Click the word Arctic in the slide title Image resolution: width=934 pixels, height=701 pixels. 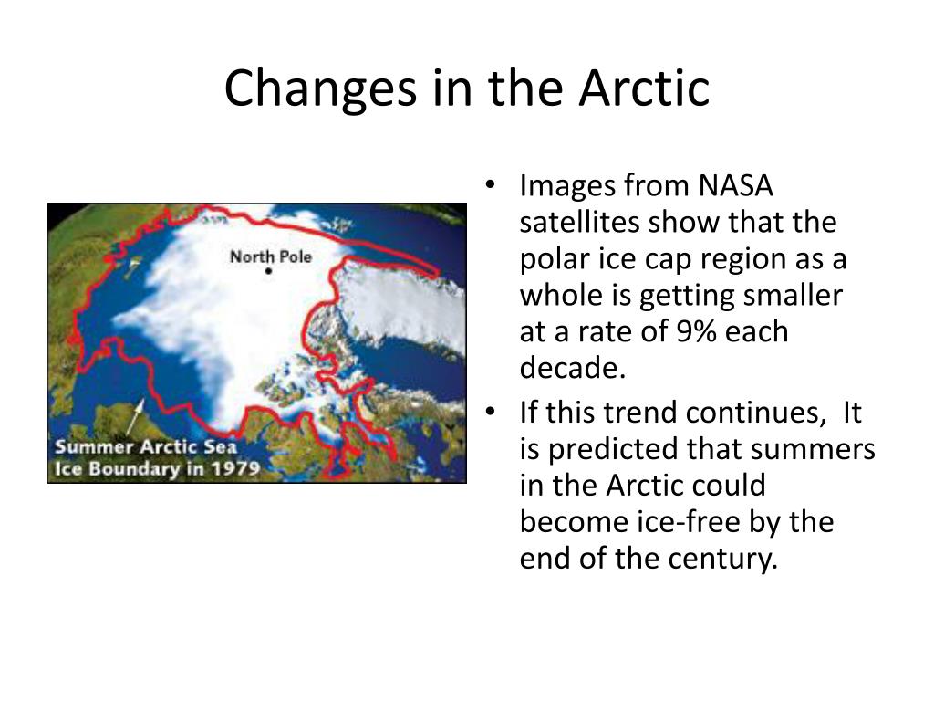644,88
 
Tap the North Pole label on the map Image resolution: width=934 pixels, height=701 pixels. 271,256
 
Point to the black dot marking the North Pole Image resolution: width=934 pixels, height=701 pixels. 269,271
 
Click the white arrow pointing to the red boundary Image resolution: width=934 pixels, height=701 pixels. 135,416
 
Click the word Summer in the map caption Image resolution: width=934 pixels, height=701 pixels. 94,447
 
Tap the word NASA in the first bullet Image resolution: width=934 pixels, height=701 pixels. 736,185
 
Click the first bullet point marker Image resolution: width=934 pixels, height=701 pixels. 490,183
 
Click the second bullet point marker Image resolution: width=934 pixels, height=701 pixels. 490,411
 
